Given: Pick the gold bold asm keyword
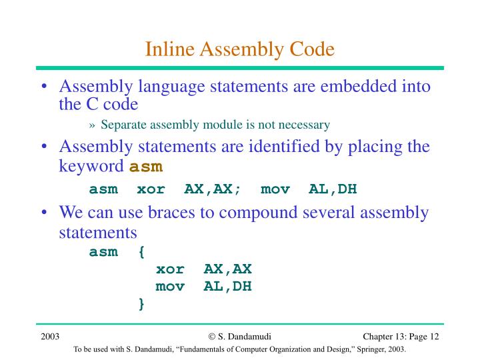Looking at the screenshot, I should tap(146, 167).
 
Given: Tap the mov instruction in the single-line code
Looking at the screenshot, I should tap(275, 189).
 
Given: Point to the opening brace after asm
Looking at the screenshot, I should tap(141, 252).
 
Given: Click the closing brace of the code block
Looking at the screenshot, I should tap(141, 304).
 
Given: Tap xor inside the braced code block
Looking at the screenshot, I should tap(170, 269).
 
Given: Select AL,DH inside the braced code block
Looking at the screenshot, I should tap(228, 287).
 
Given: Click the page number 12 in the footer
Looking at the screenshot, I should tap(433, 336).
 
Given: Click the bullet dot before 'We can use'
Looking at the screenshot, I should tap(44, 213).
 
